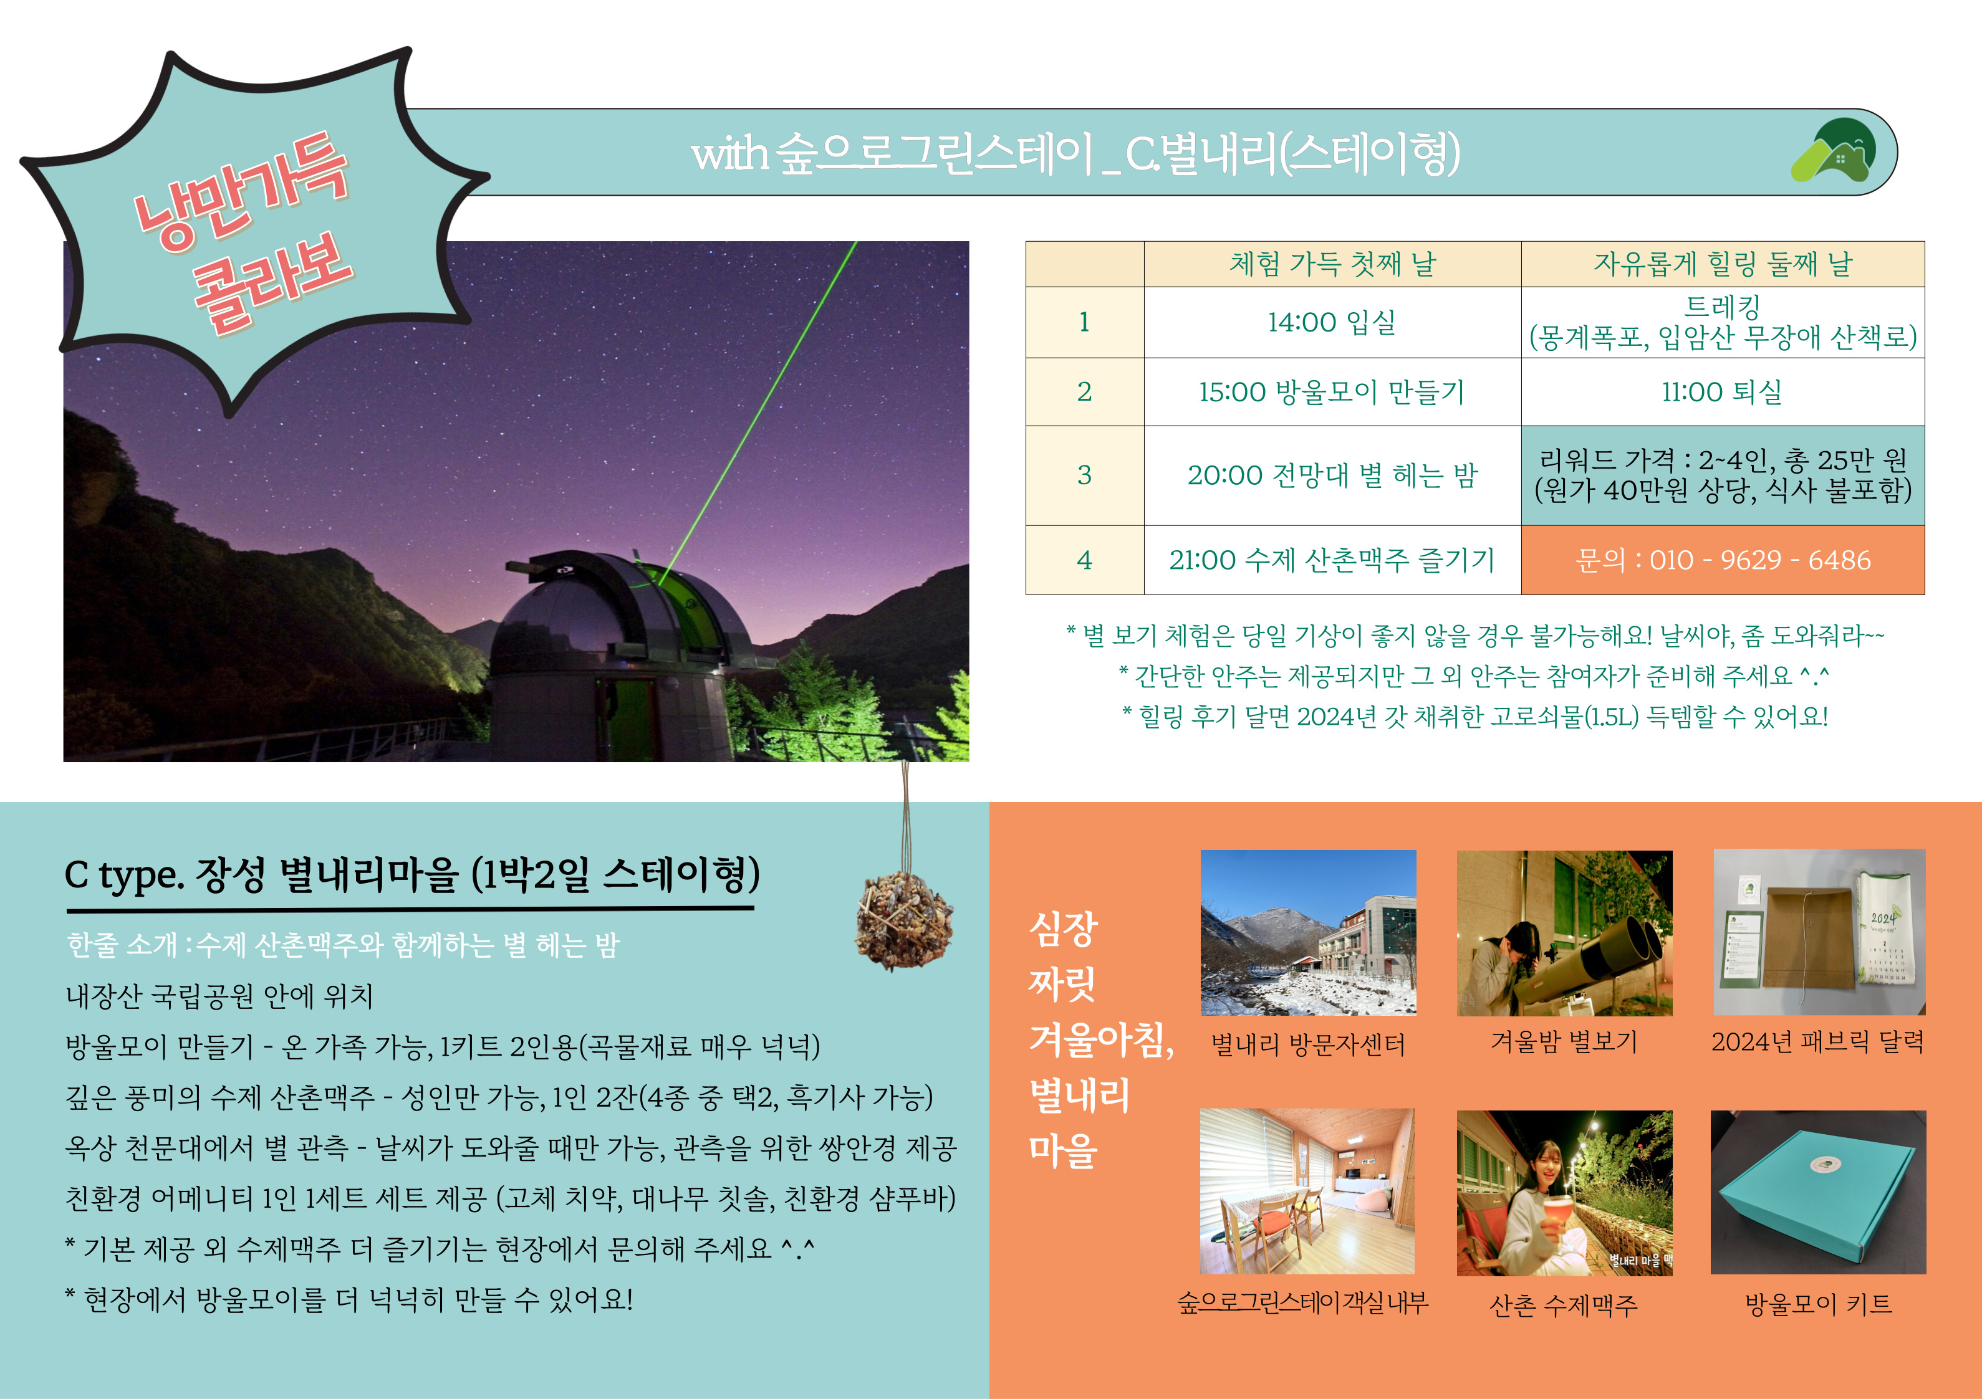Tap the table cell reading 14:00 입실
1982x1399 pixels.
click(x=1332, y=322)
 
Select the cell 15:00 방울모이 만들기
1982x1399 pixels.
click(x=1332, y=392)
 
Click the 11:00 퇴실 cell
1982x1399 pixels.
click(x=1722, y=392)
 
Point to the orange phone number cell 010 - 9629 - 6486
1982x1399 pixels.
click(x=1722, y=560)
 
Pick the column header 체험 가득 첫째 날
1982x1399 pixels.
click(x=1332, y=264)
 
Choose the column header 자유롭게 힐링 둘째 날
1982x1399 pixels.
click(x=1722, y=264)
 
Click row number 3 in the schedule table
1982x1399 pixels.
click(x=1084, y=475)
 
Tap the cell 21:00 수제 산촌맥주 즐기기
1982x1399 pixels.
click(x=1332, y=560)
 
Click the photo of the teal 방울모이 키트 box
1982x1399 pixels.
click(x=1818, y=1192)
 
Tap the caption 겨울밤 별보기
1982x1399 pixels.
click(x=1564, y=1042)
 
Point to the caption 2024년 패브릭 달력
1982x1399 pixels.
click(x=1818, y=1042)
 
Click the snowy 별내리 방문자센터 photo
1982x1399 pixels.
click(x=1308, y=933)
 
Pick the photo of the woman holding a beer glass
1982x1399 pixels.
click(x=1564, y=1193)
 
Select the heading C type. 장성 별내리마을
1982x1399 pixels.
click(x=413, y=875)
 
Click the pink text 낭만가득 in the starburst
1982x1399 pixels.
click(x=241, y=191)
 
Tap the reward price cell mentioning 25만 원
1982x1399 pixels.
click(x=1722, y=475)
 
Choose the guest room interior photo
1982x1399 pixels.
click(x=1307, y=1191)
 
